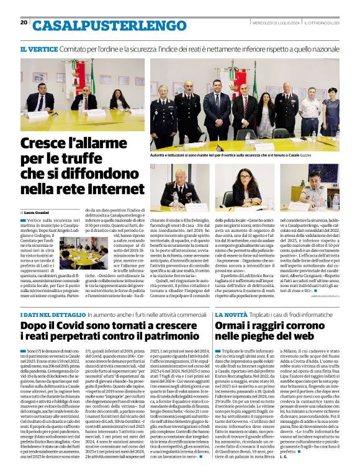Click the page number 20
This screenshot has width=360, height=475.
24,22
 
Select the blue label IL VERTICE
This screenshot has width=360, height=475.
40,48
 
